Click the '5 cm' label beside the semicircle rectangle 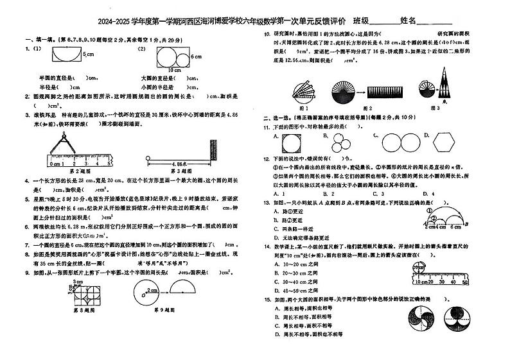[89, 55]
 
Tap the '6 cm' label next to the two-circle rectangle [197, 56]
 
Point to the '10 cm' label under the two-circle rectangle [173, 69]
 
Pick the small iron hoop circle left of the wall [149, 157]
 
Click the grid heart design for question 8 [80, 293]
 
